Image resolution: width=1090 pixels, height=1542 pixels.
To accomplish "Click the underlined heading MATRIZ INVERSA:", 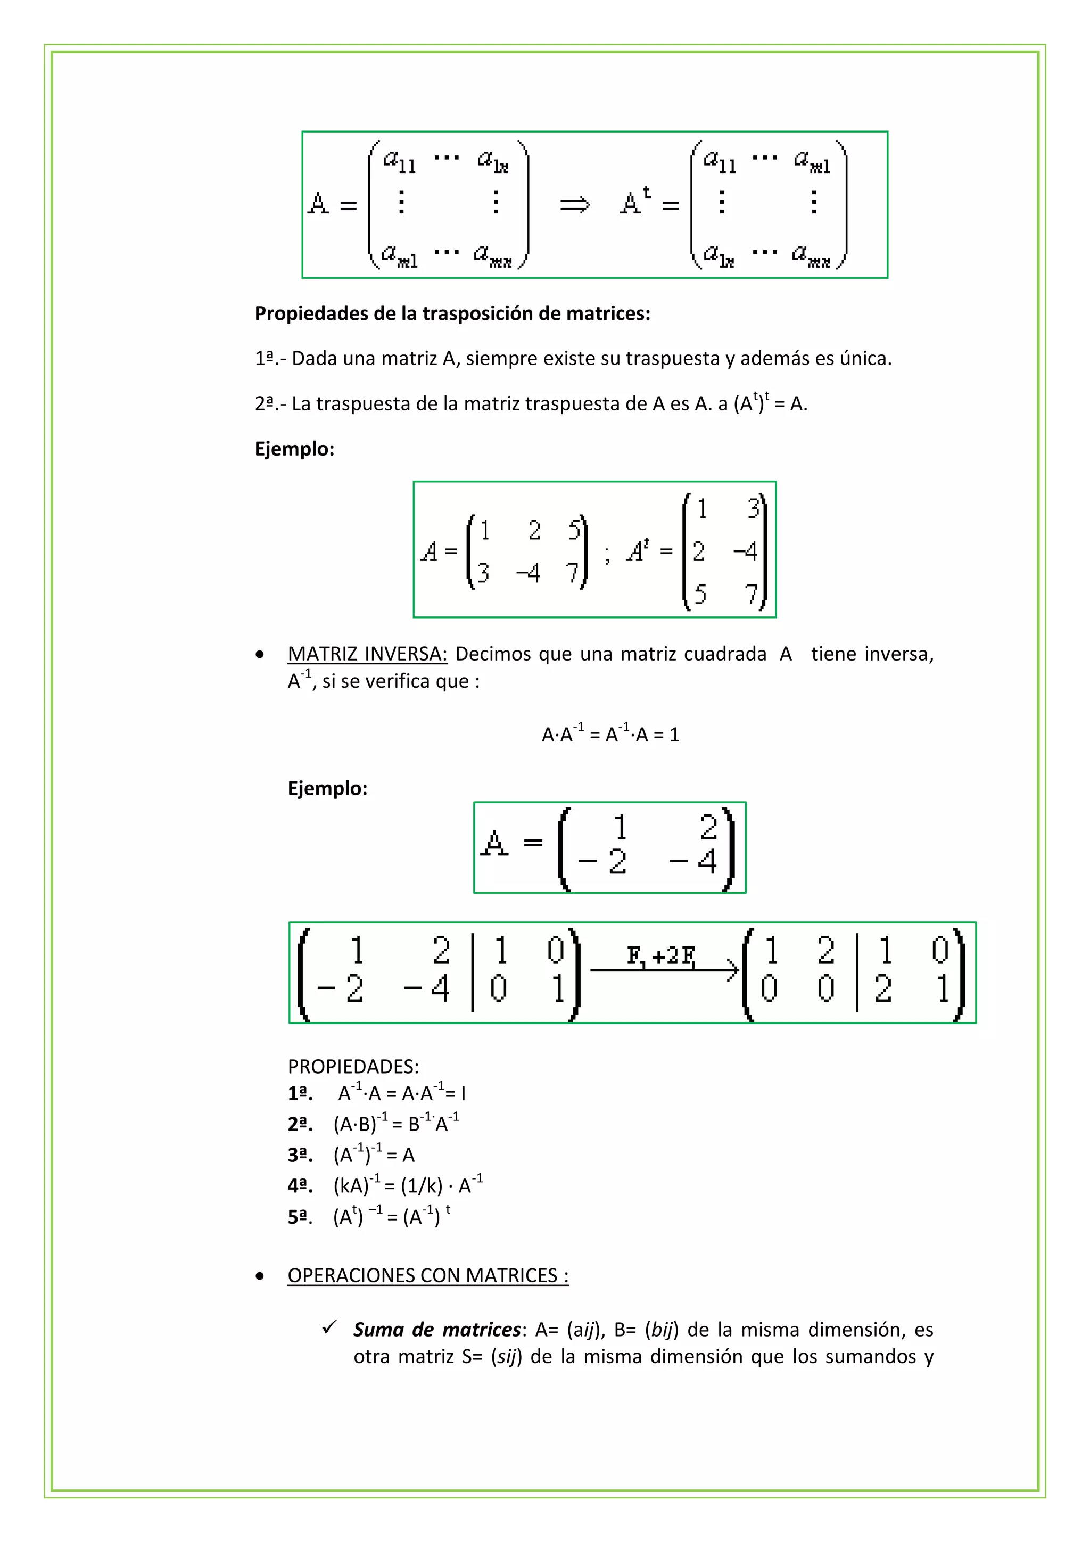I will click(x=367, y=654).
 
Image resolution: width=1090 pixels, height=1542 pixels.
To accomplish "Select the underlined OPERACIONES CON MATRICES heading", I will click(x=428, y=1275).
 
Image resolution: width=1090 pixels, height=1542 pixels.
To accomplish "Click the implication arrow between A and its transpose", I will click(x=575, y=204).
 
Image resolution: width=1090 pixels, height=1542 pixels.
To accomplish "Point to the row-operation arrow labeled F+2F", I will click(x=664, y=969).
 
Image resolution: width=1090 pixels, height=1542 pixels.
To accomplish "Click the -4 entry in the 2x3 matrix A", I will click(x=528, y=573).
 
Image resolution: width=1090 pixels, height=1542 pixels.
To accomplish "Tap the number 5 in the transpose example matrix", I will click(x=700, y=593).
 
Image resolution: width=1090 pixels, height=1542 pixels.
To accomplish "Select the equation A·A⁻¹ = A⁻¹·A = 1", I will click(x=610, y=734).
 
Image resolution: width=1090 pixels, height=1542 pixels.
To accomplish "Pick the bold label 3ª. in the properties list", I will click(x=300, y=1155).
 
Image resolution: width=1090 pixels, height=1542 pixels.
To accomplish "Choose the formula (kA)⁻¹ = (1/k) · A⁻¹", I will click(x=408, y=1186).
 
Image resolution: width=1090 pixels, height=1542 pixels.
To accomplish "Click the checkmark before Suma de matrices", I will click(x=329, y=1327).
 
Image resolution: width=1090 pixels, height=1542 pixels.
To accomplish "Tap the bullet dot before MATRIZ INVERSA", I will click(x=260, y=654).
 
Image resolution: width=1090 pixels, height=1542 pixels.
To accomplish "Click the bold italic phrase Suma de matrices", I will click(x=437, y=1330).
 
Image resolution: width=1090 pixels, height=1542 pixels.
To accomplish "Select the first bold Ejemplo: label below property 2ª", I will click(x=294, y=449).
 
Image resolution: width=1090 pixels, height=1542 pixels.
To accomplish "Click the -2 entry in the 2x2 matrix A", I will click(x=602, y=862).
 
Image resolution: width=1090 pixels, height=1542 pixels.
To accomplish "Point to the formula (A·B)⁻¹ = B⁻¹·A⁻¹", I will click(x=396, y=1124).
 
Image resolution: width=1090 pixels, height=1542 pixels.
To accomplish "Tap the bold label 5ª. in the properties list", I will click(x=300, y=1217).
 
